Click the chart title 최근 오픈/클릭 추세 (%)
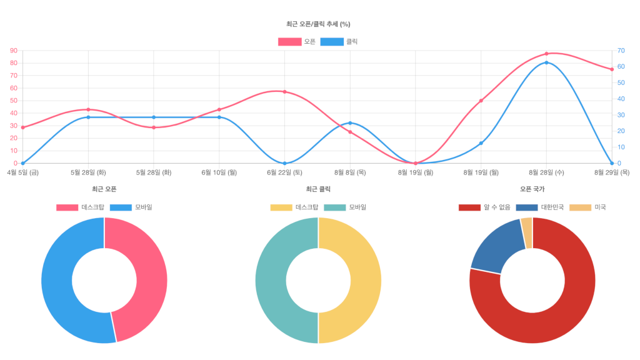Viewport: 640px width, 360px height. point(318,24)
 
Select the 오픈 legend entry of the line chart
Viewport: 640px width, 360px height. point(297,42)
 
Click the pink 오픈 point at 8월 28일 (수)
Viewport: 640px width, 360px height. point(546,54)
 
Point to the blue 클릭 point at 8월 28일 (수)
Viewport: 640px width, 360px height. point(546,62)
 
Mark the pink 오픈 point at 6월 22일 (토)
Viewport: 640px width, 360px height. point(284,92)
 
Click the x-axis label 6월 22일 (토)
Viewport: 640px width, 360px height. point(284,172)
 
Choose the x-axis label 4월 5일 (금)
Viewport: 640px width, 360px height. point(23,172)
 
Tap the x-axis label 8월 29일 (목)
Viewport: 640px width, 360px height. point(612,172)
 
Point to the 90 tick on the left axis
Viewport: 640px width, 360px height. point(13,51)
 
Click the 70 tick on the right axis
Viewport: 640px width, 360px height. point(621,51)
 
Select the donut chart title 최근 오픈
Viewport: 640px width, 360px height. point(104,189)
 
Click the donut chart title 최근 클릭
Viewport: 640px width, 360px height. point(318,189)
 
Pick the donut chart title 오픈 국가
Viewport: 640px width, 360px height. point(532,189)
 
